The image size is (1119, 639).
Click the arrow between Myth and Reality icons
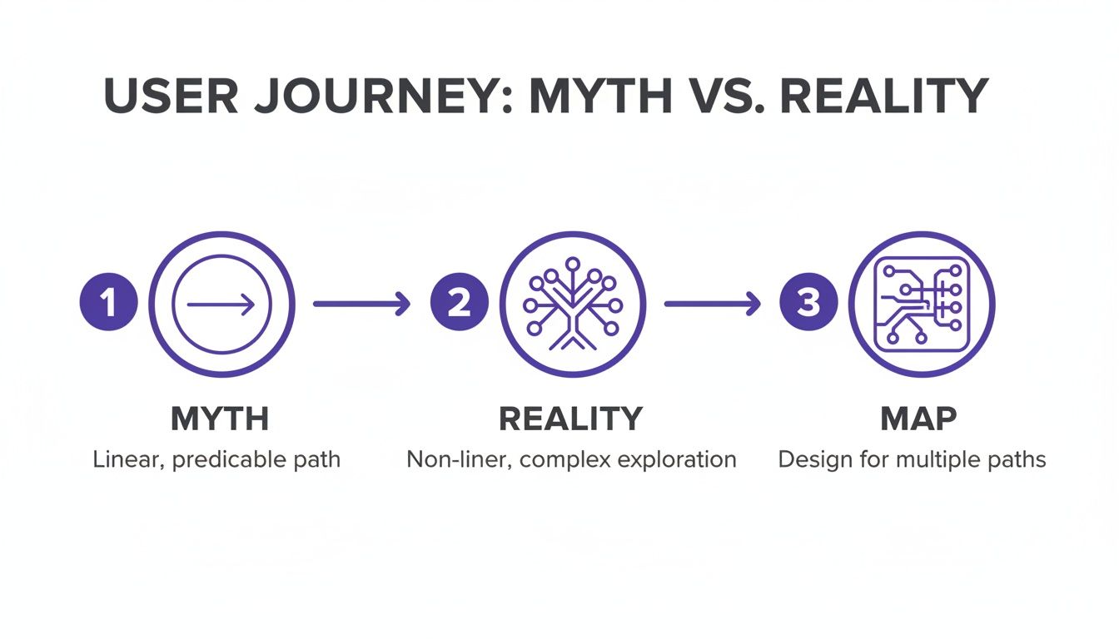coord(361,305)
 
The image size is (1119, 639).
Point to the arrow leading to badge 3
coord(713,305)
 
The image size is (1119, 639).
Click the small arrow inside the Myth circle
coord(221,305)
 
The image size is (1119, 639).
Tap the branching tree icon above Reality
coord(572,305)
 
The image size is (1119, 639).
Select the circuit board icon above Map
coord(922,305)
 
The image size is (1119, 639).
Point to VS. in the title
coord(722,97)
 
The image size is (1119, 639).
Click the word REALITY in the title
coord(884,97)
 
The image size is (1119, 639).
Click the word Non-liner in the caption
coord(447,459)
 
